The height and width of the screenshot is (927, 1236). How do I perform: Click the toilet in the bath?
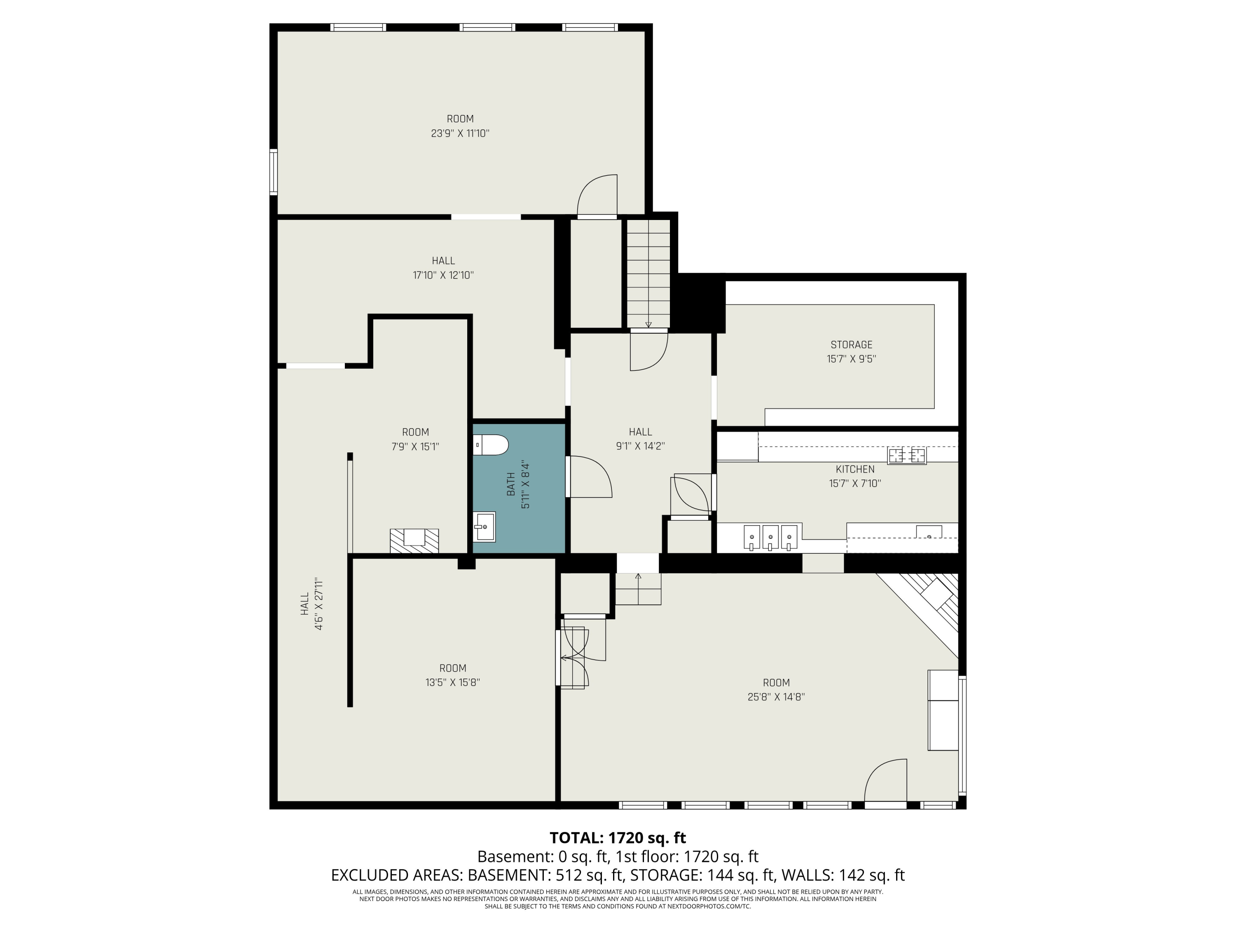tap(491, 445)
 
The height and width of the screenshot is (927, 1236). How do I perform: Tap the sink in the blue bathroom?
tap(484, 527)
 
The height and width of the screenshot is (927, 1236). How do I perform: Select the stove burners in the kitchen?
tap(906, 455)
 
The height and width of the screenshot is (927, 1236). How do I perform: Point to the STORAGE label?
tap(851, 345)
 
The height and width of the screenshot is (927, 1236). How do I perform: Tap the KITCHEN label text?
tap(855, 469)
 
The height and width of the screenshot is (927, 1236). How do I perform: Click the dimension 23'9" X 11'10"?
tap(460, 133)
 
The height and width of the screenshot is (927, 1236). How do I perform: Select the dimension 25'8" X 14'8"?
tap(776, 697)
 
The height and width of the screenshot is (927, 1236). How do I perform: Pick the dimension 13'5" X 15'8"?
tap(453, 682)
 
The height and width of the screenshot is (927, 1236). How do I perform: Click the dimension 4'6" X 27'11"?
tap(319, 604)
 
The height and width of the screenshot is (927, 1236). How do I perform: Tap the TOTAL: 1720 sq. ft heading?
tap(618, 838)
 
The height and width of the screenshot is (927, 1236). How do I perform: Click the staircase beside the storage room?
tap(648, 274)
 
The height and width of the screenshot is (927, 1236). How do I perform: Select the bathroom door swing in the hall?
tap(591, 477)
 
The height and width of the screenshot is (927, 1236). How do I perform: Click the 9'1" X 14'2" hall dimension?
tap(640, 446)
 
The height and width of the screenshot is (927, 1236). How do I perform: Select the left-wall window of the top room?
tap(273, 171)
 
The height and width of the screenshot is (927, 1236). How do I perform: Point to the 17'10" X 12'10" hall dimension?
tap(443, 275)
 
